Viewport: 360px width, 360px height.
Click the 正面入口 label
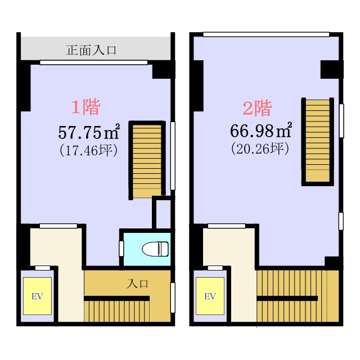(x=91, y=50)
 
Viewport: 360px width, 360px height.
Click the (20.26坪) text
(x=260, y=149)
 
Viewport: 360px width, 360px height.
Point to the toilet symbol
(x=155, y=247)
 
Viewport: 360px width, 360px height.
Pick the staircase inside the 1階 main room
(x=147, y=160)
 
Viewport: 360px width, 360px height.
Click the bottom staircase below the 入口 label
(x=116, y=309)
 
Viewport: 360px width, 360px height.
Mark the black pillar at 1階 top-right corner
(x=163, y=70)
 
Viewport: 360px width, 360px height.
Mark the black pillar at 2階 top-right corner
(x=331, y=69)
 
